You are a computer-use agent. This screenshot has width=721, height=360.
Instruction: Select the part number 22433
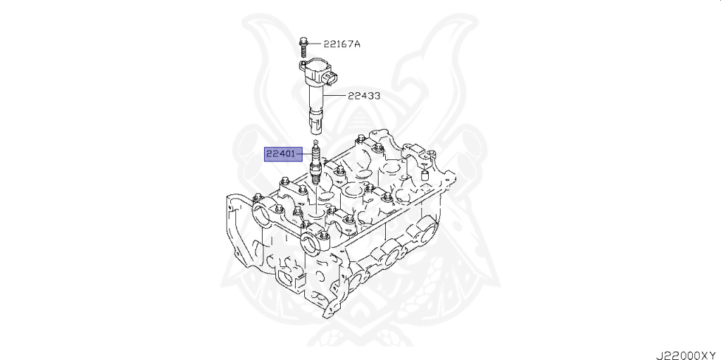point(363,97)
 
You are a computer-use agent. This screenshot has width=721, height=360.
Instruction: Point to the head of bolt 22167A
point(301,39)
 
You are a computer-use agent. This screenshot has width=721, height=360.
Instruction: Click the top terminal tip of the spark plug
point(316,143)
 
